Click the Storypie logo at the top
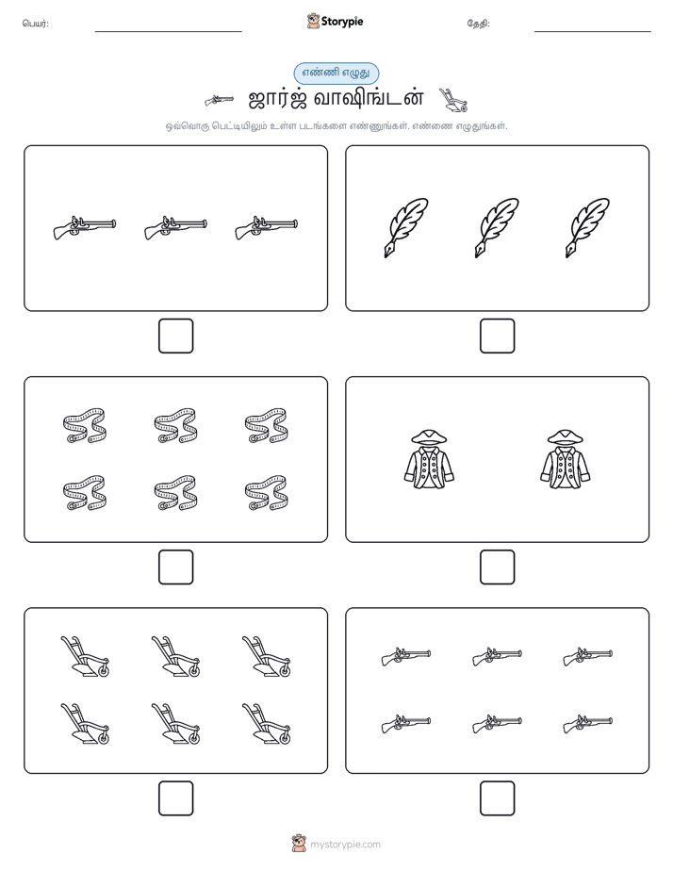coord(335,21)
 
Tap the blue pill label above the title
coord(336,73)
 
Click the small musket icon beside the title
coord(219,100)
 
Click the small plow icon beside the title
coord(453,99)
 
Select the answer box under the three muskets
coord(176,337)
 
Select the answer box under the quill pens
coord(497,337)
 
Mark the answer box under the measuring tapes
coord(176,567)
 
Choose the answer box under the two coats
coord(497,567)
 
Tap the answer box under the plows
coord(176,798)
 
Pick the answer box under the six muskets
coord(497,798)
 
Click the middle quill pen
coord(497,228)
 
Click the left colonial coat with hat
coord(429,459)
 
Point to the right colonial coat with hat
coord(566,459)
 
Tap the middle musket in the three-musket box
coord(175,227)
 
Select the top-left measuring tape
coord(85,425)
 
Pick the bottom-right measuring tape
coord(266,493)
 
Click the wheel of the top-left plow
coord(104,670)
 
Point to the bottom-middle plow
coord(175,723)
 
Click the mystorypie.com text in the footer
coord(345,845)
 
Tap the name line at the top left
coord(168,32)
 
